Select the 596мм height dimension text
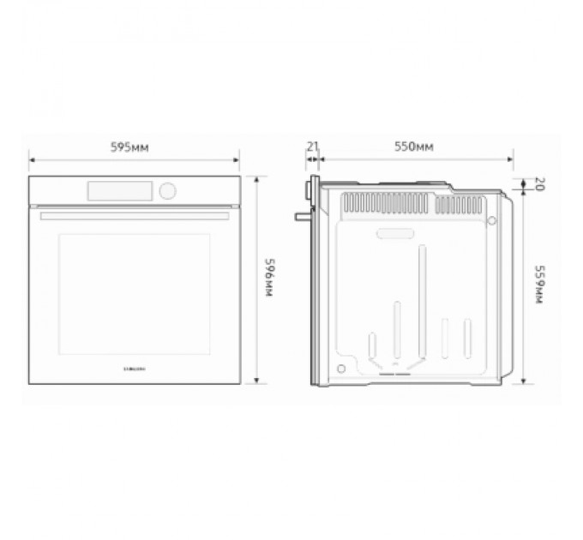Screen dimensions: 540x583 268,277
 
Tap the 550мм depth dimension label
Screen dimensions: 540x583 413,147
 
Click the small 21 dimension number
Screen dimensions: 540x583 312,147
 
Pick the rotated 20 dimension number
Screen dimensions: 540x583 539,183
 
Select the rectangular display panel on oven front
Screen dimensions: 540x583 119,189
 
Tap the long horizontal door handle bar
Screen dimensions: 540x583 134,216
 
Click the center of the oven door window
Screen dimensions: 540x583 134,293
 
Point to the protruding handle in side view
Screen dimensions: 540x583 300,215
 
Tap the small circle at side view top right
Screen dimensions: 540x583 492,221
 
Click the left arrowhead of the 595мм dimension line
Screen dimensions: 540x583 32,159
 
